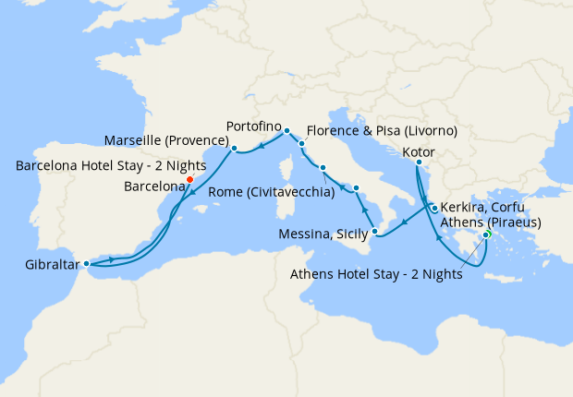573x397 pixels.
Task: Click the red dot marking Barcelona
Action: (189, 180)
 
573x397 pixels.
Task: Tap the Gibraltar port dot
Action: (86, 263)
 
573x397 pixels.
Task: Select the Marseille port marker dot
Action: (235, 148)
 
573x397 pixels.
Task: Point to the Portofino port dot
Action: (286, 130)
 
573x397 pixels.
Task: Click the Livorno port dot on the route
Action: (302, 144)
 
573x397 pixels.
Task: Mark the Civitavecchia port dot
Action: (323, 168)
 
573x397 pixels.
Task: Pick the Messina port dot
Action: (374, 231)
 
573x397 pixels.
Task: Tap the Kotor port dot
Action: (418, 163)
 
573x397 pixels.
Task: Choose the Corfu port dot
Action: (434, 209)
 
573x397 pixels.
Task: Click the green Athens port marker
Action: (486, 235)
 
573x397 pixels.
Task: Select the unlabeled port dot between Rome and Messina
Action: (356, 188)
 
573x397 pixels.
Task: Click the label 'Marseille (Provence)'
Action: (166, 139)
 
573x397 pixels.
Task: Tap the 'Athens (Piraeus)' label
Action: (491, 223)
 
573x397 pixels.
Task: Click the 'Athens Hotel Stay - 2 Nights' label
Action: (377, 273)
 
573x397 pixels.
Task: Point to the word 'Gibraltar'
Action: (44, 266)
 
